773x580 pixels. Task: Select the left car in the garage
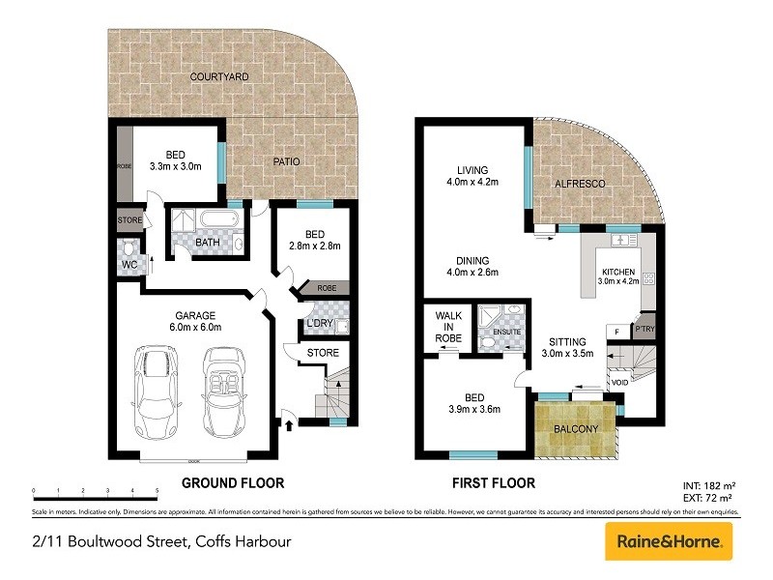(157, 392)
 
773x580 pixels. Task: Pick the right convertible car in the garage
(222, 392)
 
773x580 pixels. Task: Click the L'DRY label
(320, 323)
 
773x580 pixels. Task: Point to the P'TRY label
(644, 330)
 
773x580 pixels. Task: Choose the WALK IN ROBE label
(449, 327)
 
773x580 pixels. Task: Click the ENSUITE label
(507, 333)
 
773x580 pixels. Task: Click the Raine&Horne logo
(669, 541)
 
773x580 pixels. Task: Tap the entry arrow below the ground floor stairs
(288, 420)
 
